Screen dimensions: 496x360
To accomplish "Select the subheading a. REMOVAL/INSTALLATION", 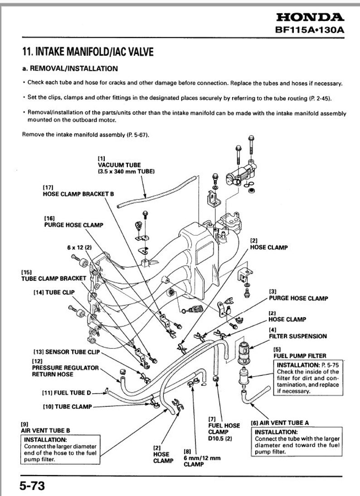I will pyautogui.click(x=70, y=69).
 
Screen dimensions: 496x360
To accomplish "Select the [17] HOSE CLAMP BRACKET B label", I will pyautogui.click(x=78, y=190).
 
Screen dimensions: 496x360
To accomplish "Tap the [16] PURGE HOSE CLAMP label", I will pyautogui.click(x=73, y=221).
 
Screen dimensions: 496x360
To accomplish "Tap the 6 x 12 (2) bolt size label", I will pyautogui.click(x=79, y=248).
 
